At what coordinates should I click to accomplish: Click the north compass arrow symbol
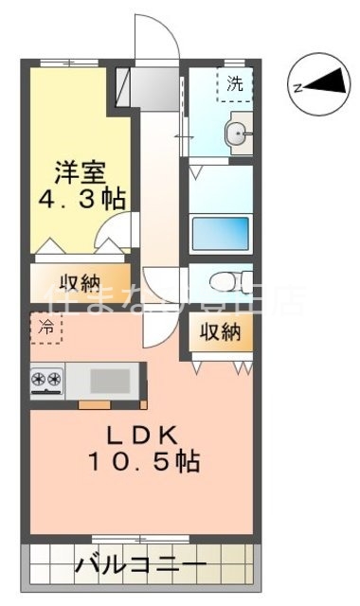(328, 86)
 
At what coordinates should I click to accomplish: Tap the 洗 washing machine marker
(234, 84)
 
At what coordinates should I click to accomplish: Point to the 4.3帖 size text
(82, 201)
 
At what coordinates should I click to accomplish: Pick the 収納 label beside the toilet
(220, 332)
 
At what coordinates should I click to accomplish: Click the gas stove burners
(46, 380)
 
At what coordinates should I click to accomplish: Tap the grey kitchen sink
(112, 381)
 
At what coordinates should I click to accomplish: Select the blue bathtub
(220, 232)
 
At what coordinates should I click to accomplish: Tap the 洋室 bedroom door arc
(119, 231)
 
